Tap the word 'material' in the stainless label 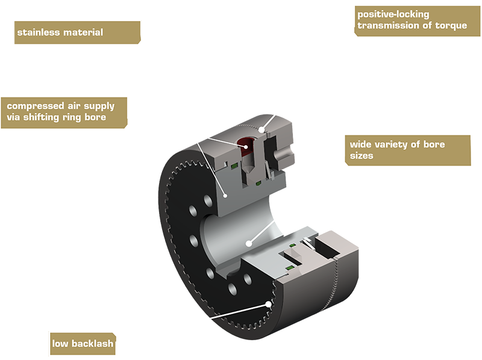[x=82, y=32]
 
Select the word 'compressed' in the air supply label [x=34, y=106]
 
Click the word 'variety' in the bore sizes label [x=402, y=144]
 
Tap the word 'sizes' [x=361, y=155]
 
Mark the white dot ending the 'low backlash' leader [x=268, y=304]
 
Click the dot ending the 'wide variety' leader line [x=248, y=244]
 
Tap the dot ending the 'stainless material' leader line [x=224, y=195]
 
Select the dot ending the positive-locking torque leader [x=261, y=129]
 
